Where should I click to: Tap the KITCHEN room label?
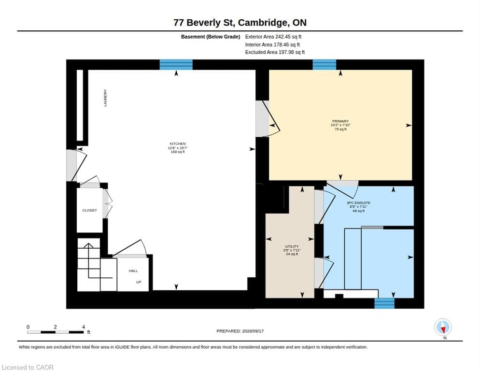pos(178,143)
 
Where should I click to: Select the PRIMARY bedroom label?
pos(340,121)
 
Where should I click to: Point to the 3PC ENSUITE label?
pos(358,203)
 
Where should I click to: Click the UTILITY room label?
pos(292,246)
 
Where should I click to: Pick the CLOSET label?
pos(89,211)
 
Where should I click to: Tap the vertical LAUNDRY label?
pos(105,98)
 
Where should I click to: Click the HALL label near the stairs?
pos(133,271)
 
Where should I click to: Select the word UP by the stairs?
pos(139,282)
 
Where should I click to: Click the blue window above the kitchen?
pos(176,65)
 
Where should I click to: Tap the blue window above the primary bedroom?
pos(324,65)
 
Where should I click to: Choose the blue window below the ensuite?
pos(384,303)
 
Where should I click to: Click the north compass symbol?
pos(443,327)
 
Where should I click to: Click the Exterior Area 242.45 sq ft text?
pos(273,37)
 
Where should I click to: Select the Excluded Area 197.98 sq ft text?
pos(275,52)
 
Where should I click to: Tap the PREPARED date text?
pos(240,331)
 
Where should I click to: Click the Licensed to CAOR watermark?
pos(28,367)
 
